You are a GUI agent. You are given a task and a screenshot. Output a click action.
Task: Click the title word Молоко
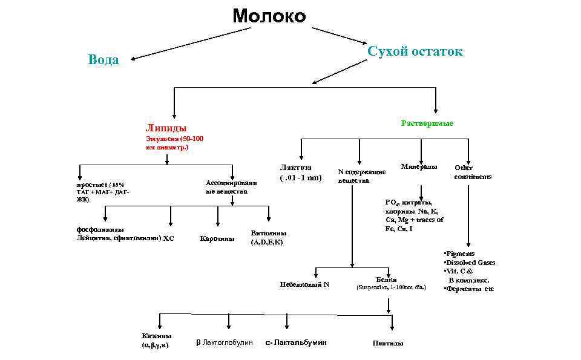(x=269, y=16)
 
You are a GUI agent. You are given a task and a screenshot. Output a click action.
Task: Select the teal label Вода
(x=103, y=60)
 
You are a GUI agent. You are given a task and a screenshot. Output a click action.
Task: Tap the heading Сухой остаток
(x=415, y=51)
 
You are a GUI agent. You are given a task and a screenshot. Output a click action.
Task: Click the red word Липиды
(x=166, y=128)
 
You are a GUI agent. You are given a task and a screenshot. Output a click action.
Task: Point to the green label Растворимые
(x=427, y=123)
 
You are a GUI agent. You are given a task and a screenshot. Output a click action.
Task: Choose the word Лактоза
(x=295, y=168)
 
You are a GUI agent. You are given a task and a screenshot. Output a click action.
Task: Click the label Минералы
(x=419, y=166)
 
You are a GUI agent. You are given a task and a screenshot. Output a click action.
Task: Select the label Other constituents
(x=473, y=172)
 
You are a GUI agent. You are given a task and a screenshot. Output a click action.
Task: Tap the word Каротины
(x=217, y=238)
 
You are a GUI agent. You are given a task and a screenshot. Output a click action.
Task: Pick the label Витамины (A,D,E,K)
(x=269, y=237)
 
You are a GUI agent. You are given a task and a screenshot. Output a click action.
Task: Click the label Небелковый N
(x=304, y=284)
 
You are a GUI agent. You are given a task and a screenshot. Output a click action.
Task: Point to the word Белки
(x=386, y=280)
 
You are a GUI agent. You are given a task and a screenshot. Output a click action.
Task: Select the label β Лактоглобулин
(x=225, y=343)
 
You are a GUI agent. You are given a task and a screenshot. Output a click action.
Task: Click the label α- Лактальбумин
(x=296, y=342)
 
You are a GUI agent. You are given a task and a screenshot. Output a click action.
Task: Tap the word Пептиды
(x=388, y=344)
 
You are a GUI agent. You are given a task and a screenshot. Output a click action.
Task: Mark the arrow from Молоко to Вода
(x=182, y=43)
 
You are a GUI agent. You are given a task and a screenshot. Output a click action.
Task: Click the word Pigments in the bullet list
(x=461, y=254)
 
